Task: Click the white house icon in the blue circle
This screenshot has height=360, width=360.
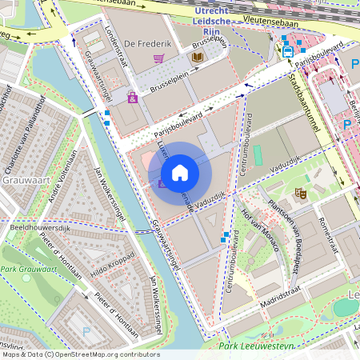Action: [180, 173]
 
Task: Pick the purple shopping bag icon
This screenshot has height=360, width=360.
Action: [132, 98]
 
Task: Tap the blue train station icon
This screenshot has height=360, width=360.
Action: [287, 50]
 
